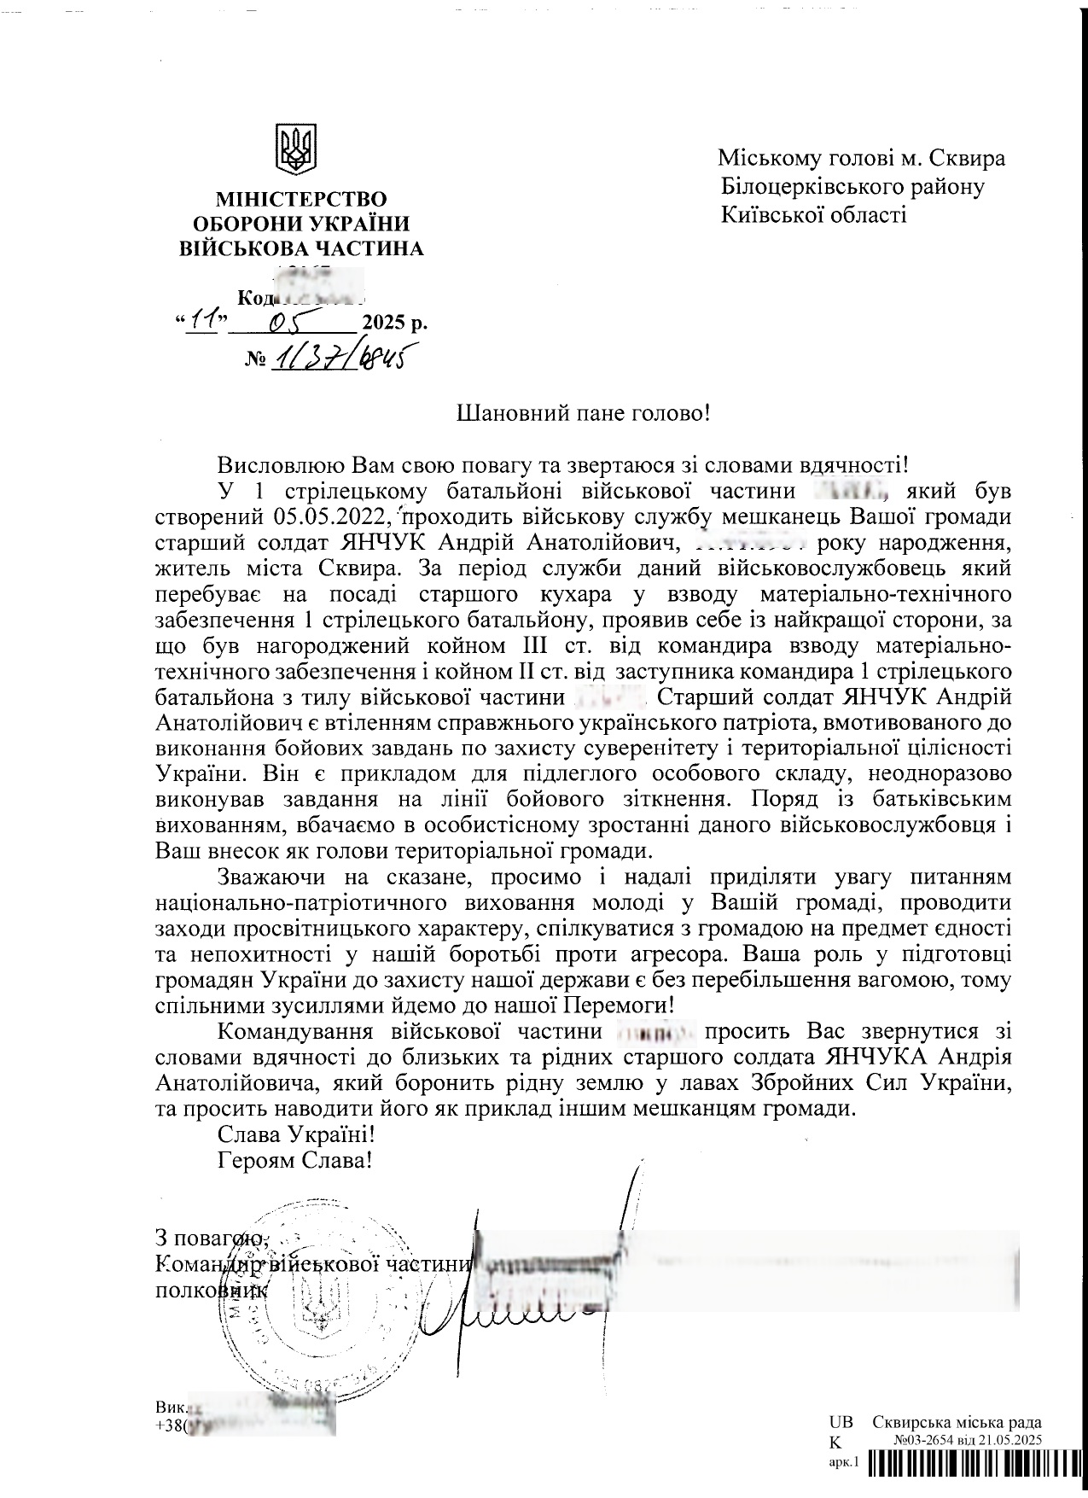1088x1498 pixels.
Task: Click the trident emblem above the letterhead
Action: click(296, 149)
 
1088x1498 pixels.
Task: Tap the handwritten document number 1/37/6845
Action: click(336, 358)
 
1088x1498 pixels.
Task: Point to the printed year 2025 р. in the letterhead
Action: click(394, 323)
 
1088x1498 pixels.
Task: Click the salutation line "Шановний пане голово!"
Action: click(584, 415)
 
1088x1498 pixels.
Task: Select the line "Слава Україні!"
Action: click(296, 1136)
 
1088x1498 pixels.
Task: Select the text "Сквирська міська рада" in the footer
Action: click(957, 1422)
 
